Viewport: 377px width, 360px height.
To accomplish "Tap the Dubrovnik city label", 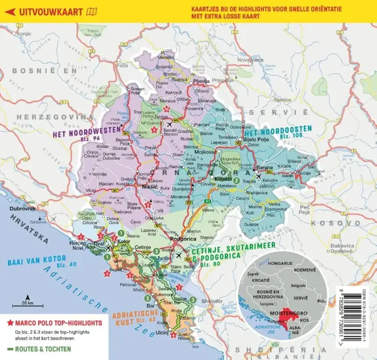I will (x=21, y=210).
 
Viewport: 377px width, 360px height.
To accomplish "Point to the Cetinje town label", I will (x=142, y=248).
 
